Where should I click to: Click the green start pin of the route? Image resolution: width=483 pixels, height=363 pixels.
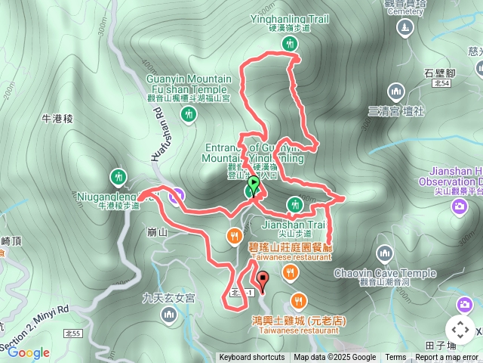pos(254,184)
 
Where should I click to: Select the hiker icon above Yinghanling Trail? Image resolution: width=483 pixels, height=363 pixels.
pos(289,44)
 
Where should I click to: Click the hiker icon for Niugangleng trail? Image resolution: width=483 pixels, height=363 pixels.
pos(118,177)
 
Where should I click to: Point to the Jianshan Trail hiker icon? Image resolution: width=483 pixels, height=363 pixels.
pos(294,204)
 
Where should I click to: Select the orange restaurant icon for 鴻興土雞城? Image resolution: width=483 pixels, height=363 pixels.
pos(299,300)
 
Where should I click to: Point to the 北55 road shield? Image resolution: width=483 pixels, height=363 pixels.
pos(73,333)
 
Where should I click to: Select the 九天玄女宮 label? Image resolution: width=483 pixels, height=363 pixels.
pos(169,298)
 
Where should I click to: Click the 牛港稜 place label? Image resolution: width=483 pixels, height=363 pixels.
pos(57,118)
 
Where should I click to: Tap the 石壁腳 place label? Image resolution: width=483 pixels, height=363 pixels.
pos(439,73)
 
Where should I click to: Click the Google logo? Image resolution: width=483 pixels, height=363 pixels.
pos(28,352)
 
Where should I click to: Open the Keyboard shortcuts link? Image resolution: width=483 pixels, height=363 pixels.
pos(252,358)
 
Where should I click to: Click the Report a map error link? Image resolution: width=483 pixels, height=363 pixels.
pos(448,358)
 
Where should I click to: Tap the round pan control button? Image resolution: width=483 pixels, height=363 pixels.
pos(460,330)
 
